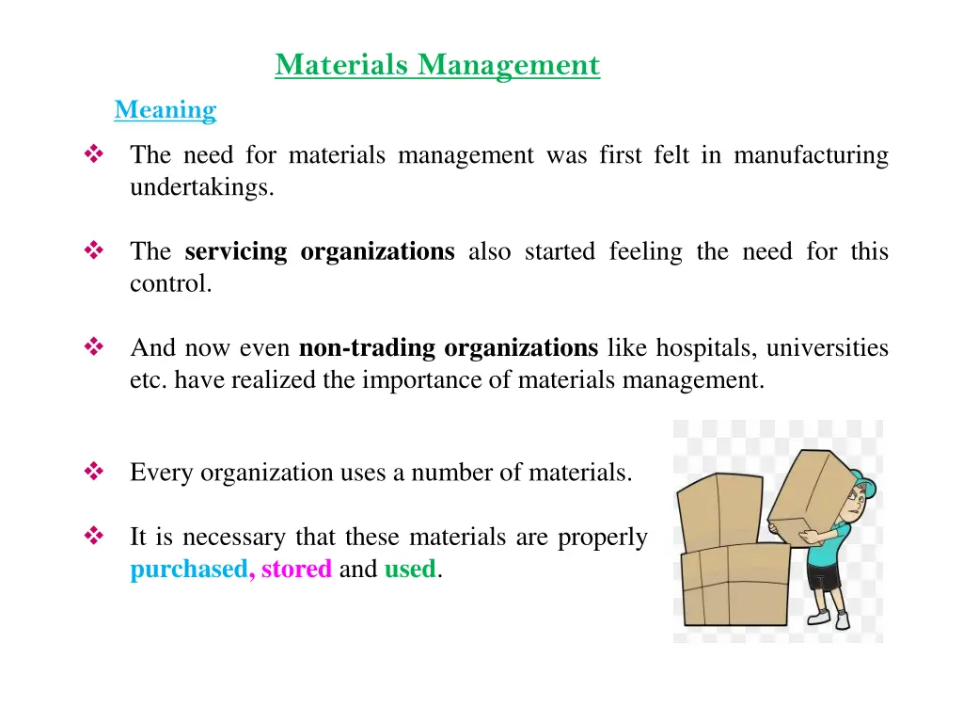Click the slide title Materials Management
point(437,65)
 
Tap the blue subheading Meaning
point(166,110)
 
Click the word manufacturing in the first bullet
point(811,154)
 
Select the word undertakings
point(201,187)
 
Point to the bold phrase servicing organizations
point(320,251)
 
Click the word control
point(170,283)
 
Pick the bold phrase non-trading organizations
point(449,348)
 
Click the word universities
point(828,348)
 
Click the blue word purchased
point(188,570)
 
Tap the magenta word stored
point(296,570)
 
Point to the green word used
point(410,570)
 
